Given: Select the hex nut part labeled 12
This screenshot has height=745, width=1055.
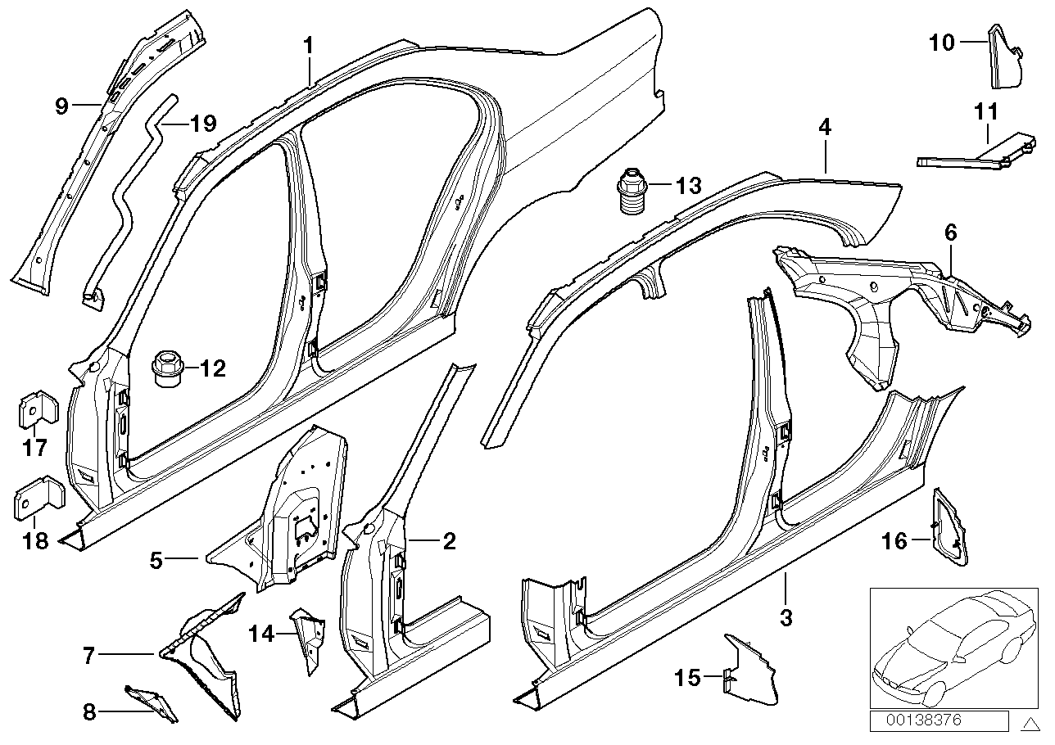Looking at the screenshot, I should tap(168, 368).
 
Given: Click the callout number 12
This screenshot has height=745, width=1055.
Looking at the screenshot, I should tap(211, 369).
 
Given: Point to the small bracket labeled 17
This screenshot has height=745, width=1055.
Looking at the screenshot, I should tap(37, 409).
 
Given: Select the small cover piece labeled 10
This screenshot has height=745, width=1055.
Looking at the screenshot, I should tap(1005, 57).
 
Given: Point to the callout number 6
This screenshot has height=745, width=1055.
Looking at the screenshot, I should tap(950, 233).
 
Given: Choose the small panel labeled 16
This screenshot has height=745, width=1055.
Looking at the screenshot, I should tap(949, 530).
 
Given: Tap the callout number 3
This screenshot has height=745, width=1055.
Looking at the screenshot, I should tap(786, 618).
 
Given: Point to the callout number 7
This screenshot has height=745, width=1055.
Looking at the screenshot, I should tap(89, 654).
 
